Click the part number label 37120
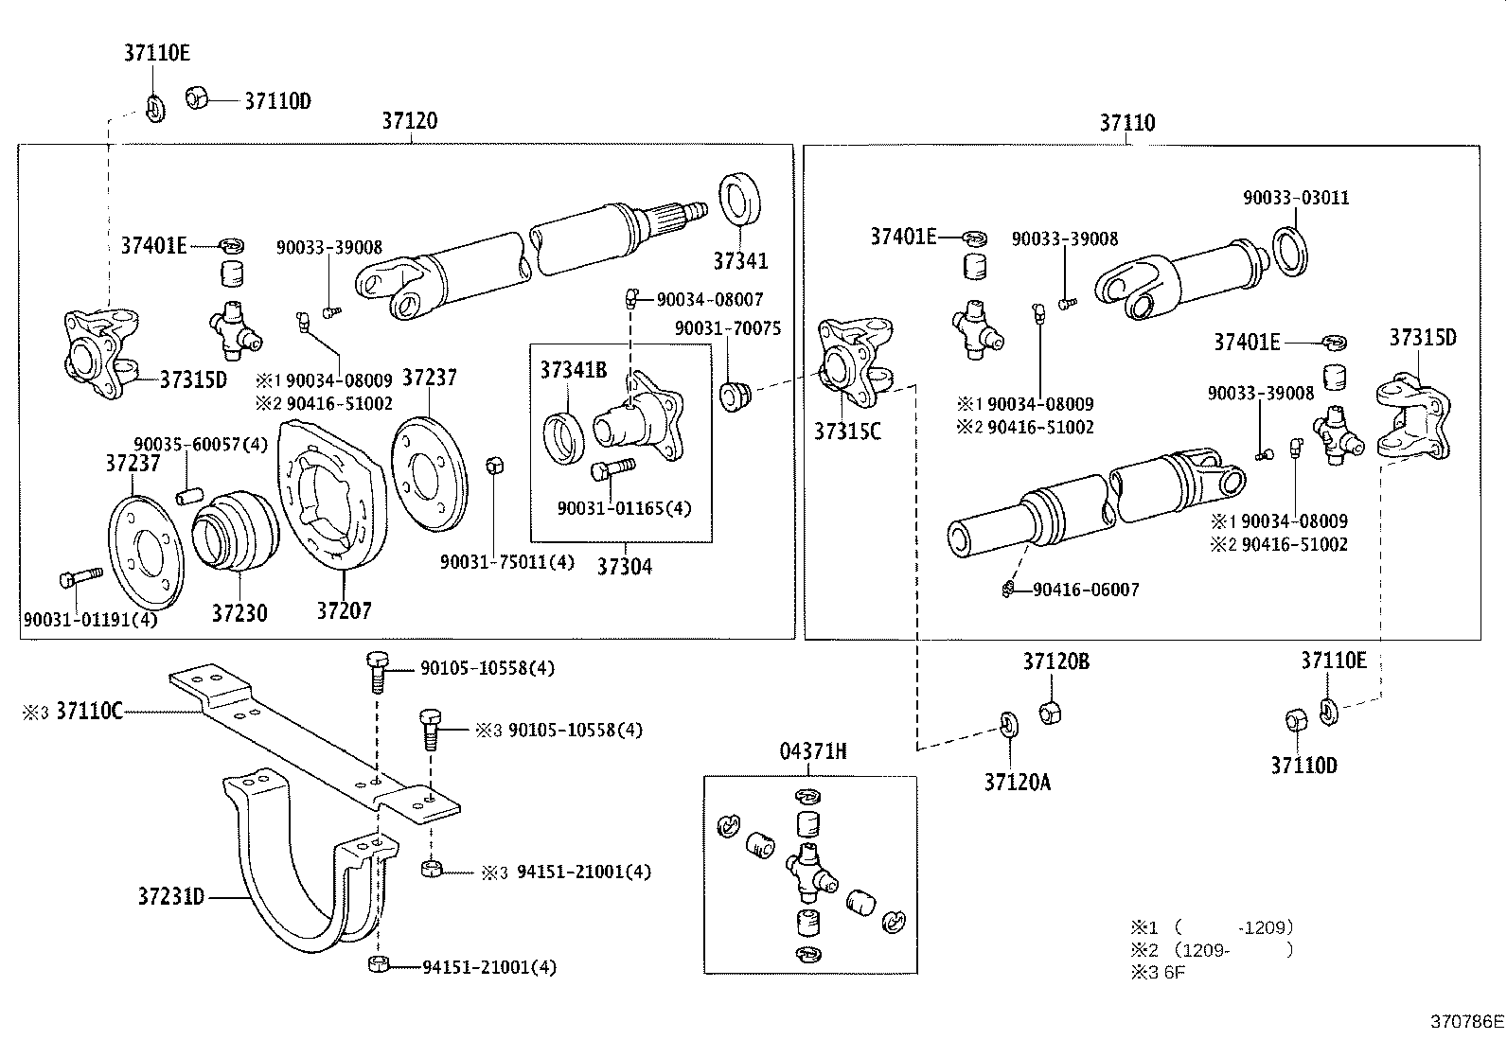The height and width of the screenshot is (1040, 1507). (410, 121)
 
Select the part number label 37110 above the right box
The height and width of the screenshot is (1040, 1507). (1126, 123)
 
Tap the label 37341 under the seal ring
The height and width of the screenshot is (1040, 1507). (740, 260)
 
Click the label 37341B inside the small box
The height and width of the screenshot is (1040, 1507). (574, 370)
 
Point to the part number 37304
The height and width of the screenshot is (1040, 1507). (624, 567)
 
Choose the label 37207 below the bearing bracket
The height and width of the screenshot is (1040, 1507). (344, 611)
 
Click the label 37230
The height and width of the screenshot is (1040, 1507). (239, 613)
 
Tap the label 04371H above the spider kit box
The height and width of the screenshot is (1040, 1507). (812, 752)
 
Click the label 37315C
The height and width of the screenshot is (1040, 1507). (847, 432)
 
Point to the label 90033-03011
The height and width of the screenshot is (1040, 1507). (1296, 198)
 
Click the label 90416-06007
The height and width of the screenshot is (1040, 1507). (1086, 590)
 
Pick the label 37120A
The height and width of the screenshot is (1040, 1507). (1017, 782)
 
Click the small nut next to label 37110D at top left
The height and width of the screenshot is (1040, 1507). (197, 97)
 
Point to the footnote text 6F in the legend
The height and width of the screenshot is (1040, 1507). (1174, 972)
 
